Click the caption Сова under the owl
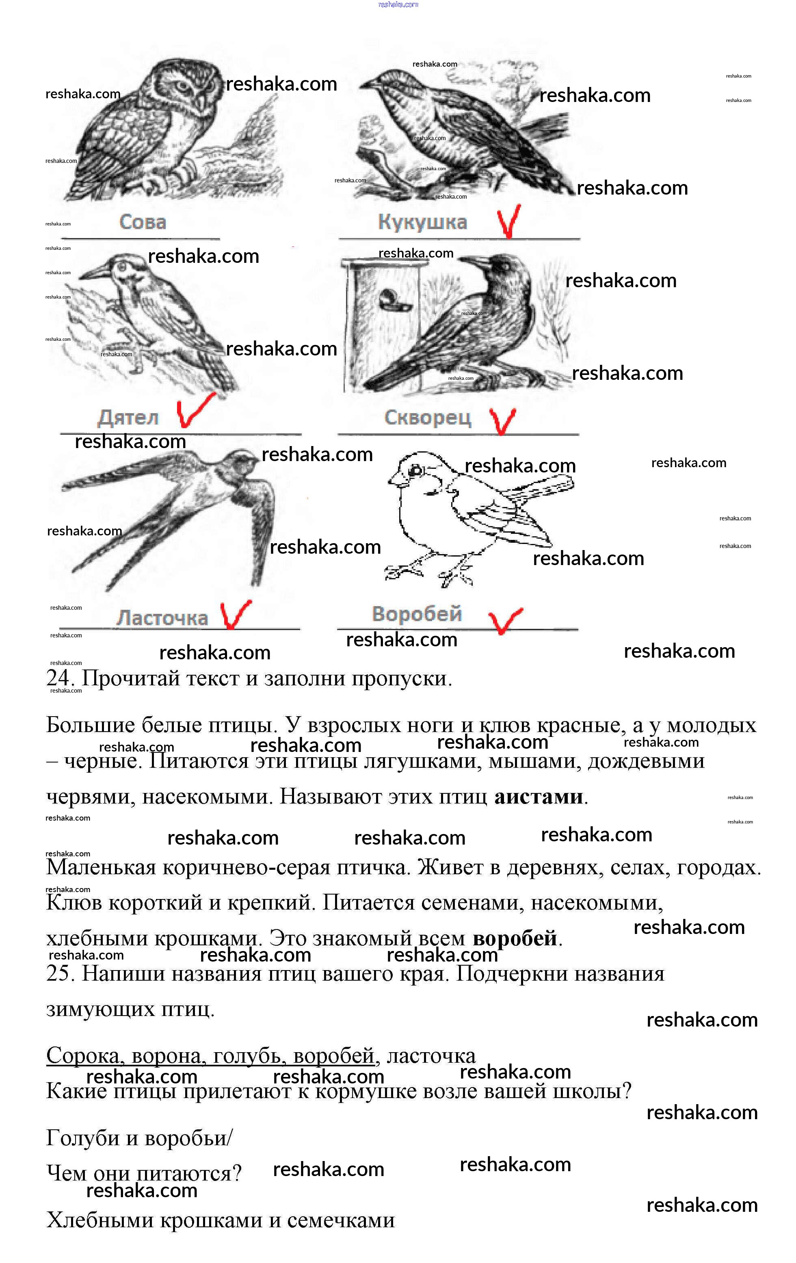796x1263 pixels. click(x=143, y=222)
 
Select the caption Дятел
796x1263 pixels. click(x=128, y=418)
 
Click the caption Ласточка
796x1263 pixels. click(x=162, y=618)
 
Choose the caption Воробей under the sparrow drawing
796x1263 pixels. click(x=417, y=614)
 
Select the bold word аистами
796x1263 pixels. click(x=538, y=797)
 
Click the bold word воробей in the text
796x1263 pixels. click(x=515, y=938)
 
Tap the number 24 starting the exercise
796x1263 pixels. click(x=58, y=679)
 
